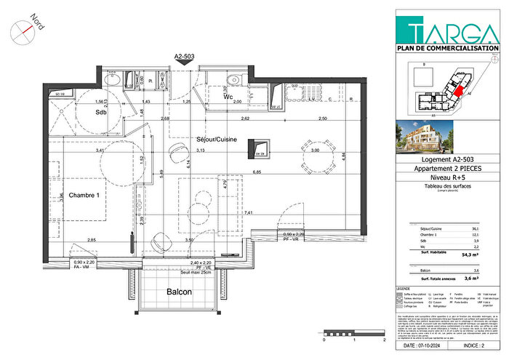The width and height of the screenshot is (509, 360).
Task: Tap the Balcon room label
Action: [x=179, y=292]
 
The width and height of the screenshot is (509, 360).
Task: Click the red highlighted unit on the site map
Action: [x=458, y=91]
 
